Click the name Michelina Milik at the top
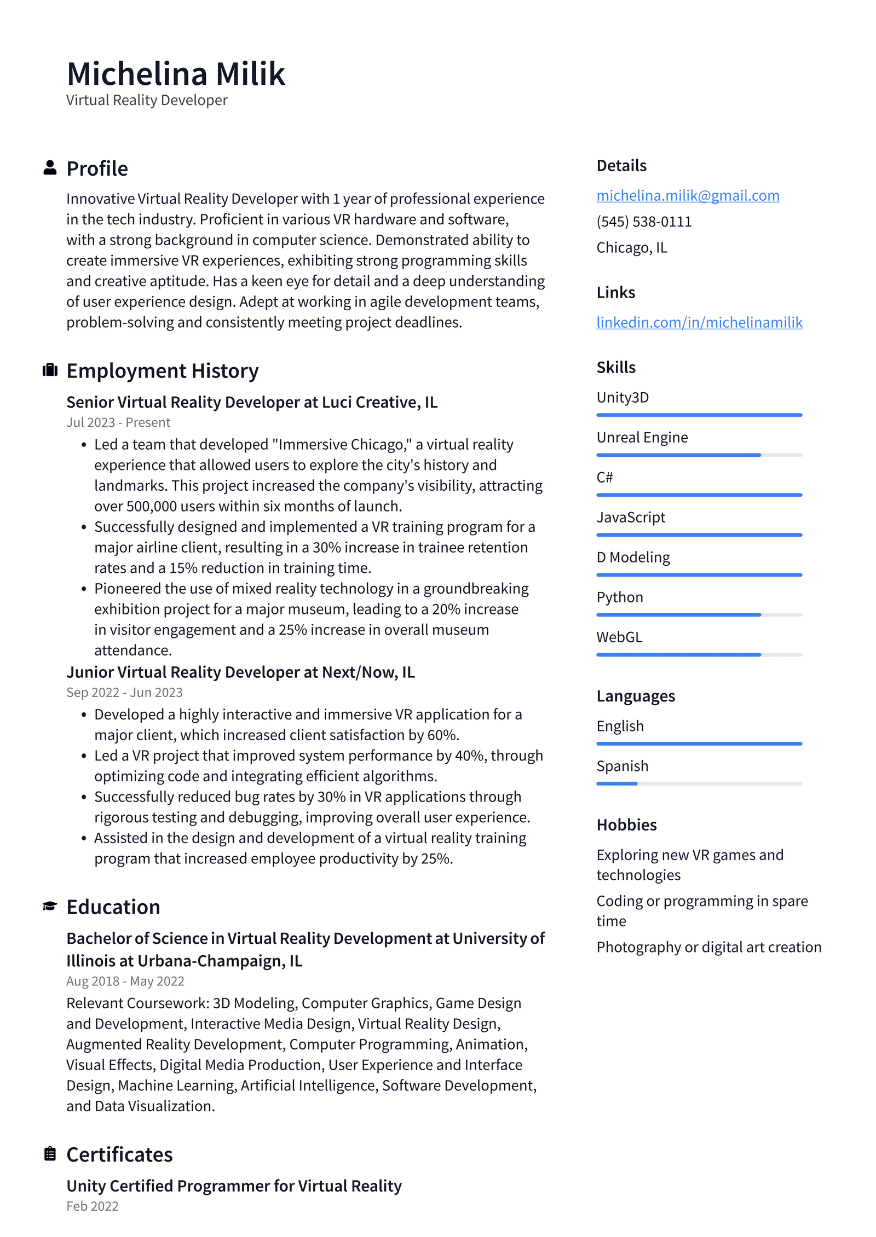[175, 74]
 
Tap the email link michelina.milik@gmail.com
[687, 195]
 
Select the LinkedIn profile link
[699, 322]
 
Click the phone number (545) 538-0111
[643, 222]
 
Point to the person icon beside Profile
[50, 168]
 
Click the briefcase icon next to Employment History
[50, 370]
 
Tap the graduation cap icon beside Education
[50, 906]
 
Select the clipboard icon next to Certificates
[50, 1153]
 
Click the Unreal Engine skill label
[642, 437]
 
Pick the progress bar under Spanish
[699, 783]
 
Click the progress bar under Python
[699, 615]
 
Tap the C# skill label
[604, 477]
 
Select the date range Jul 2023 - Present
[118, 422]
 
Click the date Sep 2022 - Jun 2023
[124, 692]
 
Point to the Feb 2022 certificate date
[93, 1206]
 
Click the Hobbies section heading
[626, 824]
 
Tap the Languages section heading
[635, 696]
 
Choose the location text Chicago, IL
[631, 248]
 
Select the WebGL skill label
[619, 637]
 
